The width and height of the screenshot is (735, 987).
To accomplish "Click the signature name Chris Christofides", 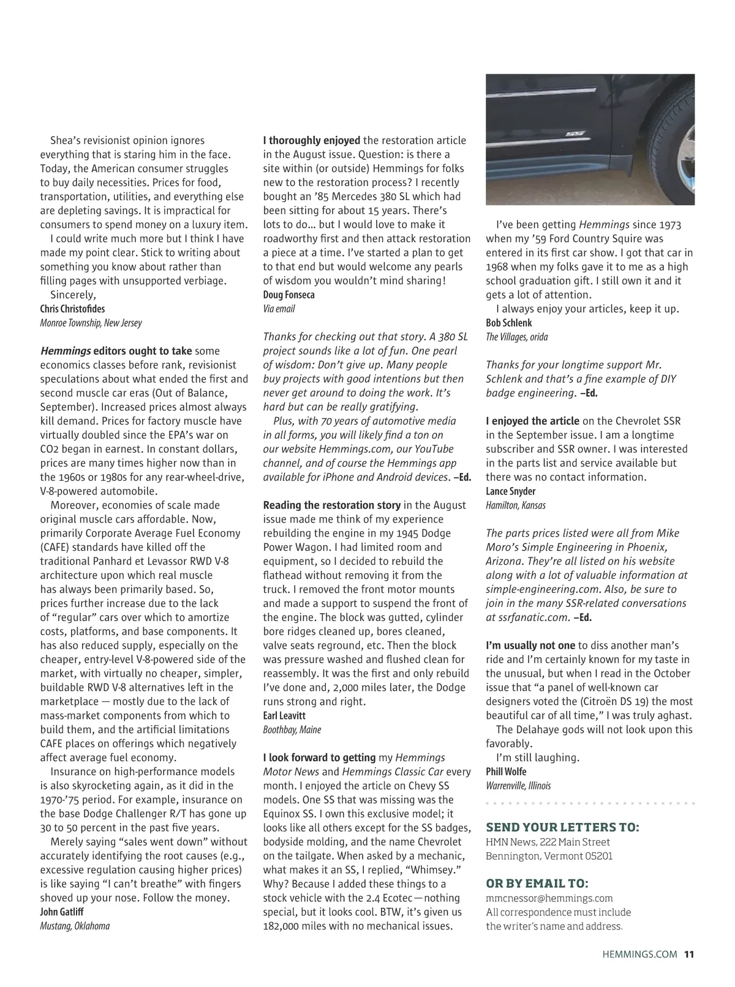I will coord(72,309).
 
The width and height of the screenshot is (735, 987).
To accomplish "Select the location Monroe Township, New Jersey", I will coord(91,323).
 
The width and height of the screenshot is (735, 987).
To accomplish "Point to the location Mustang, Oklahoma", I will coord(75,926).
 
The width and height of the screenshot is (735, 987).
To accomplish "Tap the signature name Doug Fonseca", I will coord(289,295).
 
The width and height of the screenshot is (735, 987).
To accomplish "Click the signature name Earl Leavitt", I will coord(284,716).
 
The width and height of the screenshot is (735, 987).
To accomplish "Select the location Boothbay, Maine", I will coord(292,730).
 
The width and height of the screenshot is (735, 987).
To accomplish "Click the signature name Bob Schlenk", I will coord(509,323).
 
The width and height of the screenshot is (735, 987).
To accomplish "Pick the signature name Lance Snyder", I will coord(511,491).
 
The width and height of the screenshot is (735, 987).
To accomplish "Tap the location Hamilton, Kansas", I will coord(516,505).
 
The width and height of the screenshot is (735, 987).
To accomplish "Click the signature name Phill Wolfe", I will coord(506,772).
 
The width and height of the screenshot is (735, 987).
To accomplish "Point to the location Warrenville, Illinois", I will coord(518,786).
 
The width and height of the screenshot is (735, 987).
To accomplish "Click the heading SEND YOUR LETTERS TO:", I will coord(562,828).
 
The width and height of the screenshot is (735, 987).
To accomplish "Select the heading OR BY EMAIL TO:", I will coord(537,884).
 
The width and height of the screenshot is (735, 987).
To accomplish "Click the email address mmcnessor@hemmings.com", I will coord(549,898).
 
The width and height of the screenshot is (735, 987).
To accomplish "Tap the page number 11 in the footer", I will coord(689,954).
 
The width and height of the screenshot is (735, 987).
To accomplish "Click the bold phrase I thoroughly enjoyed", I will coord(312,141).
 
